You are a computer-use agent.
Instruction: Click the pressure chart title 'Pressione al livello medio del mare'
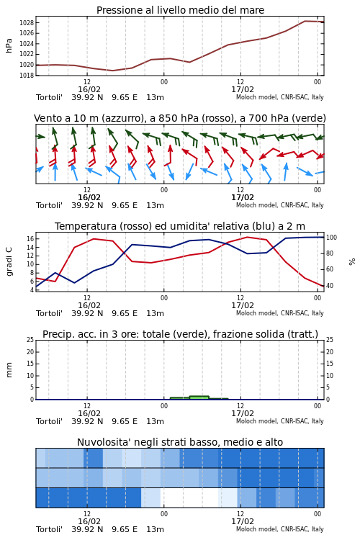[x=180, y=10]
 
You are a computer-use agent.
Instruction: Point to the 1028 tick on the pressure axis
[x=27, y=23]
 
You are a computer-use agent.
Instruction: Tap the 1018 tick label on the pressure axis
[x=27, y=75]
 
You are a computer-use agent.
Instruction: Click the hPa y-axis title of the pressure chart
[x=9, y=45]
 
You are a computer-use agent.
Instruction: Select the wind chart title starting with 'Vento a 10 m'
[x=180, y=118]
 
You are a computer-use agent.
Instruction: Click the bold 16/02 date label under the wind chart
[x=89, y=197]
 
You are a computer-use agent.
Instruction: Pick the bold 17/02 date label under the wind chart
[x=243, y=197]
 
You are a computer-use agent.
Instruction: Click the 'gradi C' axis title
[x=9, y=261]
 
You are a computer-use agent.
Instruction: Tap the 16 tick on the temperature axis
[x=30, y=238]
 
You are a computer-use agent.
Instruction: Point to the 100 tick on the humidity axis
[x=331, y=238]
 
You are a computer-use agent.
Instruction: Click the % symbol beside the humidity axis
[x=352, y=262]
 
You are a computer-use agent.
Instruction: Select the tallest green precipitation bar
[x=199, y=397]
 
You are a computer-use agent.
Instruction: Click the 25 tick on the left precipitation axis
[x=30, y=340]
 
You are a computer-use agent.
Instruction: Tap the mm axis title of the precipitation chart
[x=9, y=369]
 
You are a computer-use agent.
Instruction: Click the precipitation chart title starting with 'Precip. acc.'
[x=180, y=334]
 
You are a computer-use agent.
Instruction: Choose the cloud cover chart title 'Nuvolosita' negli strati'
[x=180, y=442]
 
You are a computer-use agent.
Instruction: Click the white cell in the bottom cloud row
[x=189, y=498]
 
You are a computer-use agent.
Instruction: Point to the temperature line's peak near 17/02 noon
[x=248, y=237]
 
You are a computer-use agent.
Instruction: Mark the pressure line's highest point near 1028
[x=305, y=21]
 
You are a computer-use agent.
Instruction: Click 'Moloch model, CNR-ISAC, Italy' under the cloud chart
[x=280, y=529]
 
